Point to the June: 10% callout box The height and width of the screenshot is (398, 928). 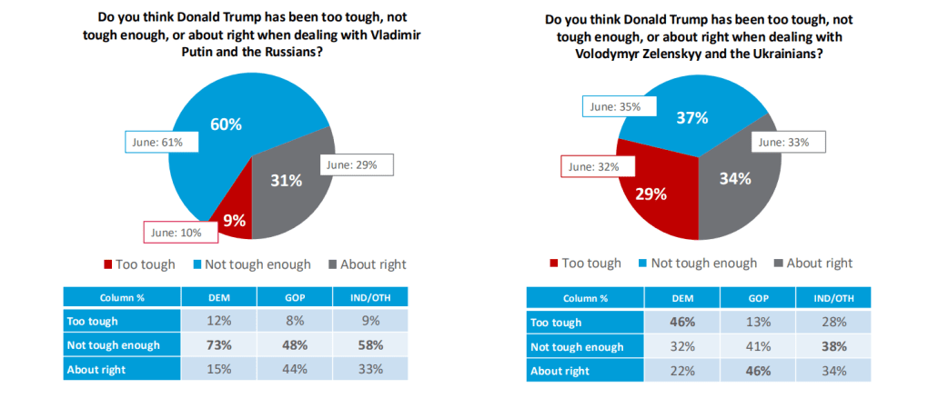tap(180, 233)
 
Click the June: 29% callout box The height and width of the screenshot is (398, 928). tap(358, 164)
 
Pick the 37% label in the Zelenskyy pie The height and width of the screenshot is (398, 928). tap(691, 119)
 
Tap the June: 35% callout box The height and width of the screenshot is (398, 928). tap(613, 106)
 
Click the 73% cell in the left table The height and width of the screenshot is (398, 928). tap(219, 345)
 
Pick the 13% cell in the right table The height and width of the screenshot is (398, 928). tap(758, 323)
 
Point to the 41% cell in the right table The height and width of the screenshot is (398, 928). tap(758, 346)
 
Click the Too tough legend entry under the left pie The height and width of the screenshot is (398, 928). tap(128, 264)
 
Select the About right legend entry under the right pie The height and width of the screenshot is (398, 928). tap(812, 264)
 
